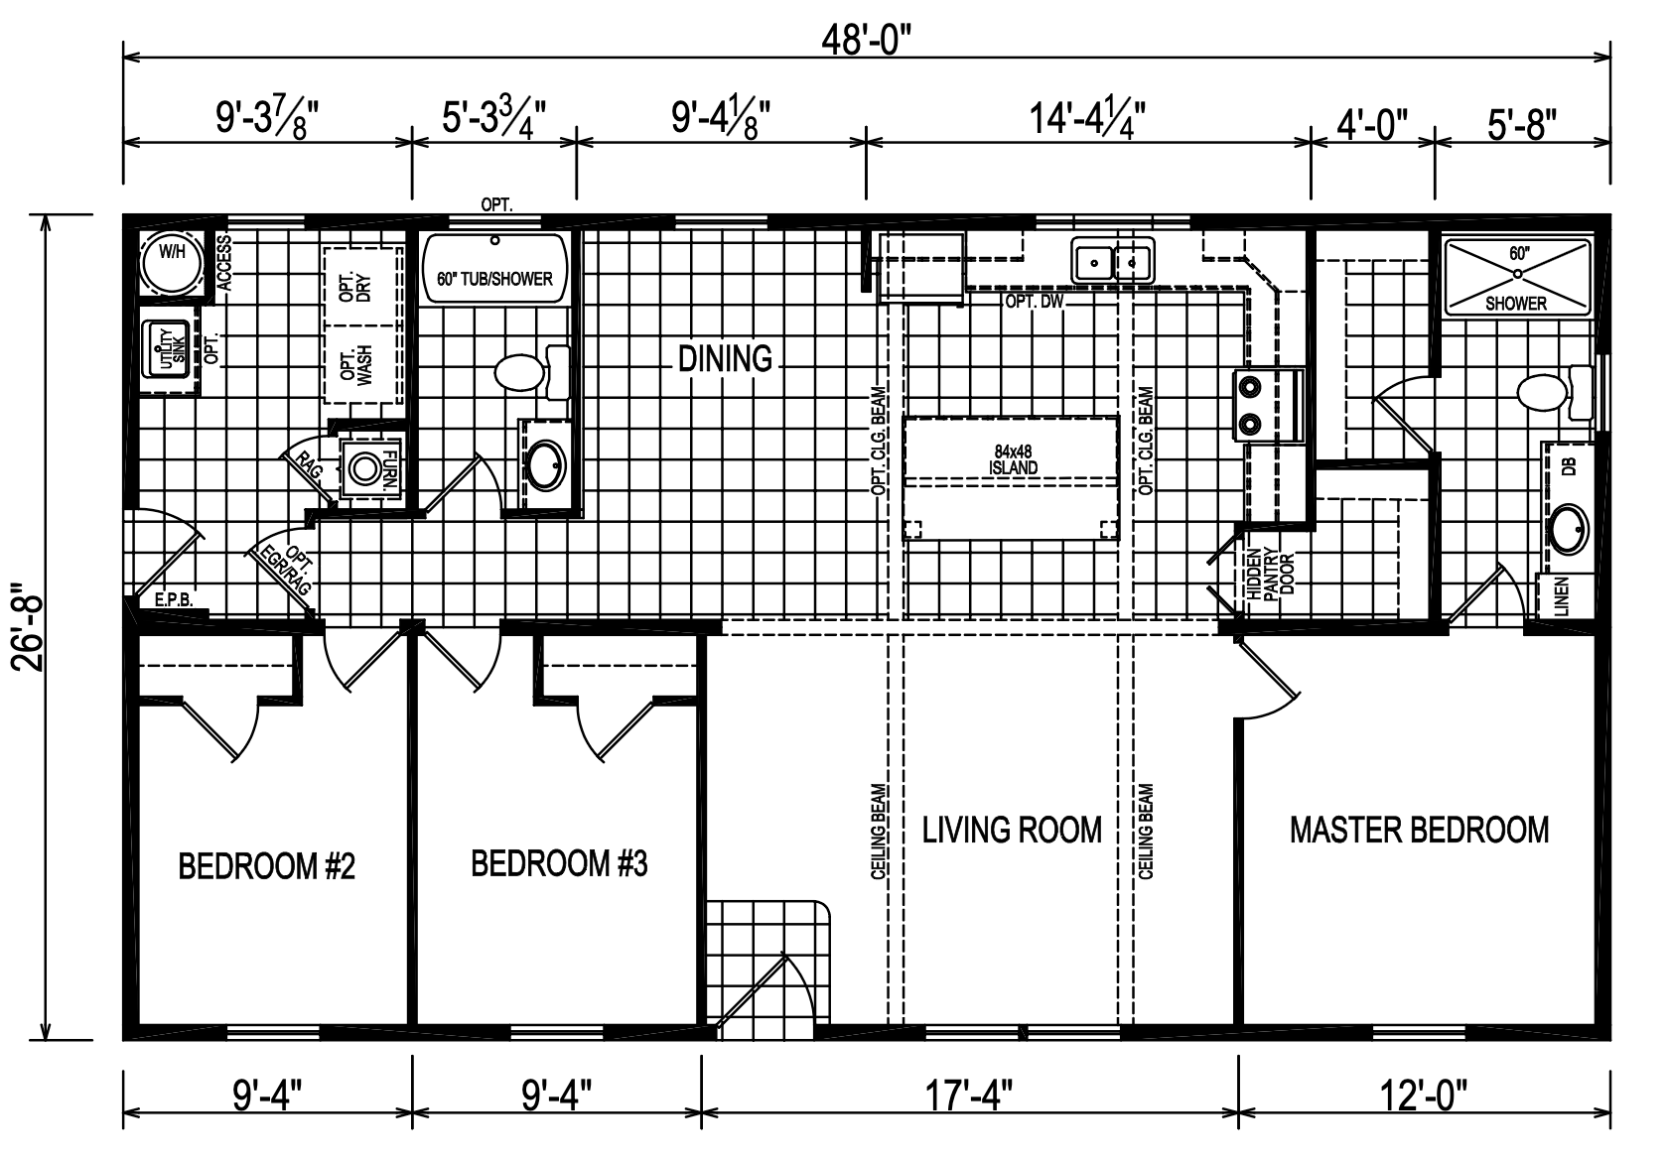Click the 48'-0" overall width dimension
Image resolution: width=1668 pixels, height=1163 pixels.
point(866,41)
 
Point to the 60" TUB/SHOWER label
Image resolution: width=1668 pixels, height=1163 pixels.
point(494,280)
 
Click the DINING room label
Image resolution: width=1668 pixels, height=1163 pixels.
point(725,358)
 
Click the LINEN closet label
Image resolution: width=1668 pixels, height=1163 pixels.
point(1560,596)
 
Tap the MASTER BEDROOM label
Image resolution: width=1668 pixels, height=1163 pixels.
point(1418,830)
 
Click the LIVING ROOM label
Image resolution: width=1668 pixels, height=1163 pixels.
point(1012,830)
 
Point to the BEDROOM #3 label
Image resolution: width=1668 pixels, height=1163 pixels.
point(559,864)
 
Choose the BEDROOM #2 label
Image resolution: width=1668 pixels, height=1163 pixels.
point(266,867)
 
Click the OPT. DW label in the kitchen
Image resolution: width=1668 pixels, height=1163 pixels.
point(1034,301)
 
